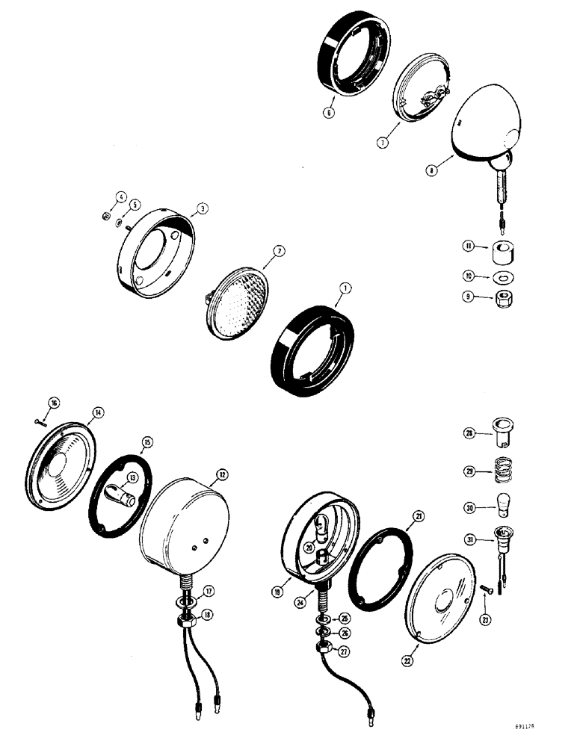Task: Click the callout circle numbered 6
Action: (x=329, y=113)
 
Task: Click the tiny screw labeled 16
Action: (x=39, y=422)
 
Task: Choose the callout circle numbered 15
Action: (x=146, y=442)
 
